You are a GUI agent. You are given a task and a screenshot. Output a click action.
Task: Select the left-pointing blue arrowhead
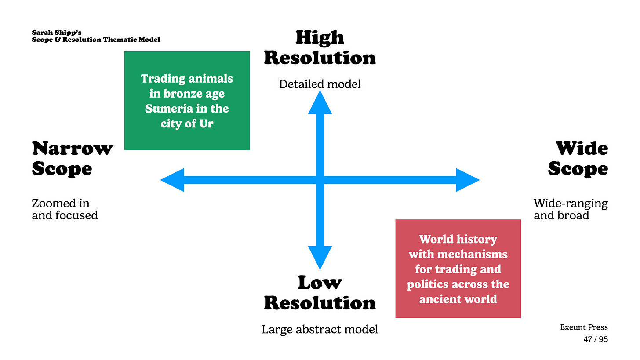click(173, 180)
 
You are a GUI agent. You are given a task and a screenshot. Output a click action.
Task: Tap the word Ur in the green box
click(206, 124)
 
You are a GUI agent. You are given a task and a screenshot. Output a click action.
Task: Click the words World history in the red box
click(458, 239)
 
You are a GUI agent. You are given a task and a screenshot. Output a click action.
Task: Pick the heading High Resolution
click(320, 47)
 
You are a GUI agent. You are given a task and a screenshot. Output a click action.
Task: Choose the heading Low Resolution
click(320, 293)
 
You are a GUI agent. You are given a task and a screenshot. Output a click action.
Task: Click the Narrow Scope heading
click(72, 158)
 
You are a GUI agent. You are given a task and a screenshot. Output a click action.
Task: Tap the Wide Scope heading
click(578, 158)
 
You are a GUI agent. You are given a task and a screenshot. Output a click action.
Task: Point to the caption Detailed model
click(320, 84)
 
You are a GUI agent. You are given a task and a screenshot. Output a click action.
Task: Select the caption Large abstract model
click(320, 329)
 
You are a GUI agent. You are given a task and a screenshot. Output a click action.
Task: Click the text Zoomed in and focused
click(65, 209)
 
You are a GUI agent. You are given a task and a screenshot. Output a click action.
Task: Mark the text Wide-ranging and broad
click(571, 209)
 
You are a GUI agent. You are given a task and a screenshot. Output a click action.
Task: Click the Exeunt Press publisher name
click(584, 327)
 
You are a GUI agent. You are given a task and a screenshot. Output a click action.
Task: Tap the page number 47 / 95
click(596, 339)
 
